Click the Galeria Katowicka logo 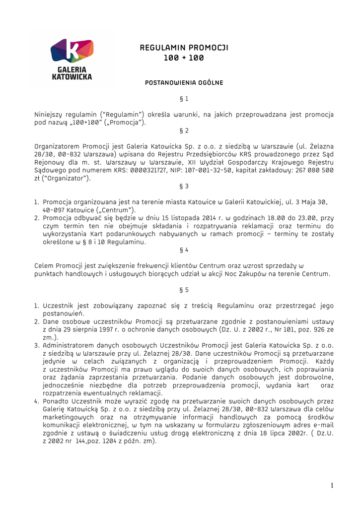pyautogui.click(x=72, y=59)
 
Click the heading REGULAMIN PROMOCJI pyautogui.click(x=184, y=48)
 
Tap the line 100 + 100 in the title pyautogui.click(x=184, y=59)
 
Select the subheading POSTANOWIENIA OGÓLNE pyautogui.click(x=184, y=82)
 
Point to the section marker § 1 pyautogui.click(x=184, y=99)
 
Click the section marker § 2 pyautogui.click(x=184, y=131)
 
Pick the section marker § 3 pyautogui.click(x=184, y=187)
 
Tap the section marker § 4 pyautogui.click(x=184, y=250)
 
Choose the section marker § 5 pyautogui.click(x=184, y=290)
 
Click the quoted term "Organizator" pyautogui.click(x=67, y=178)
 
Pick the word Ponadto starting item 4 pyautogui.click(x=58, y=401)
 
